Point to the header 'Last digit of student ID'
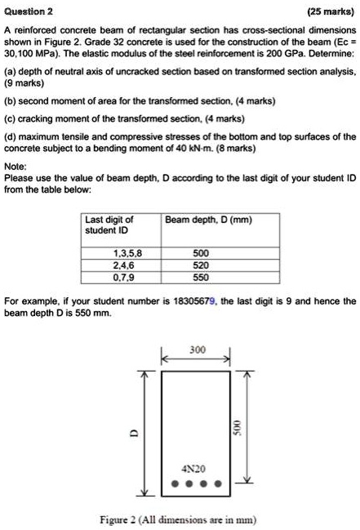pyautogui.click(x=109, y=225)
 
